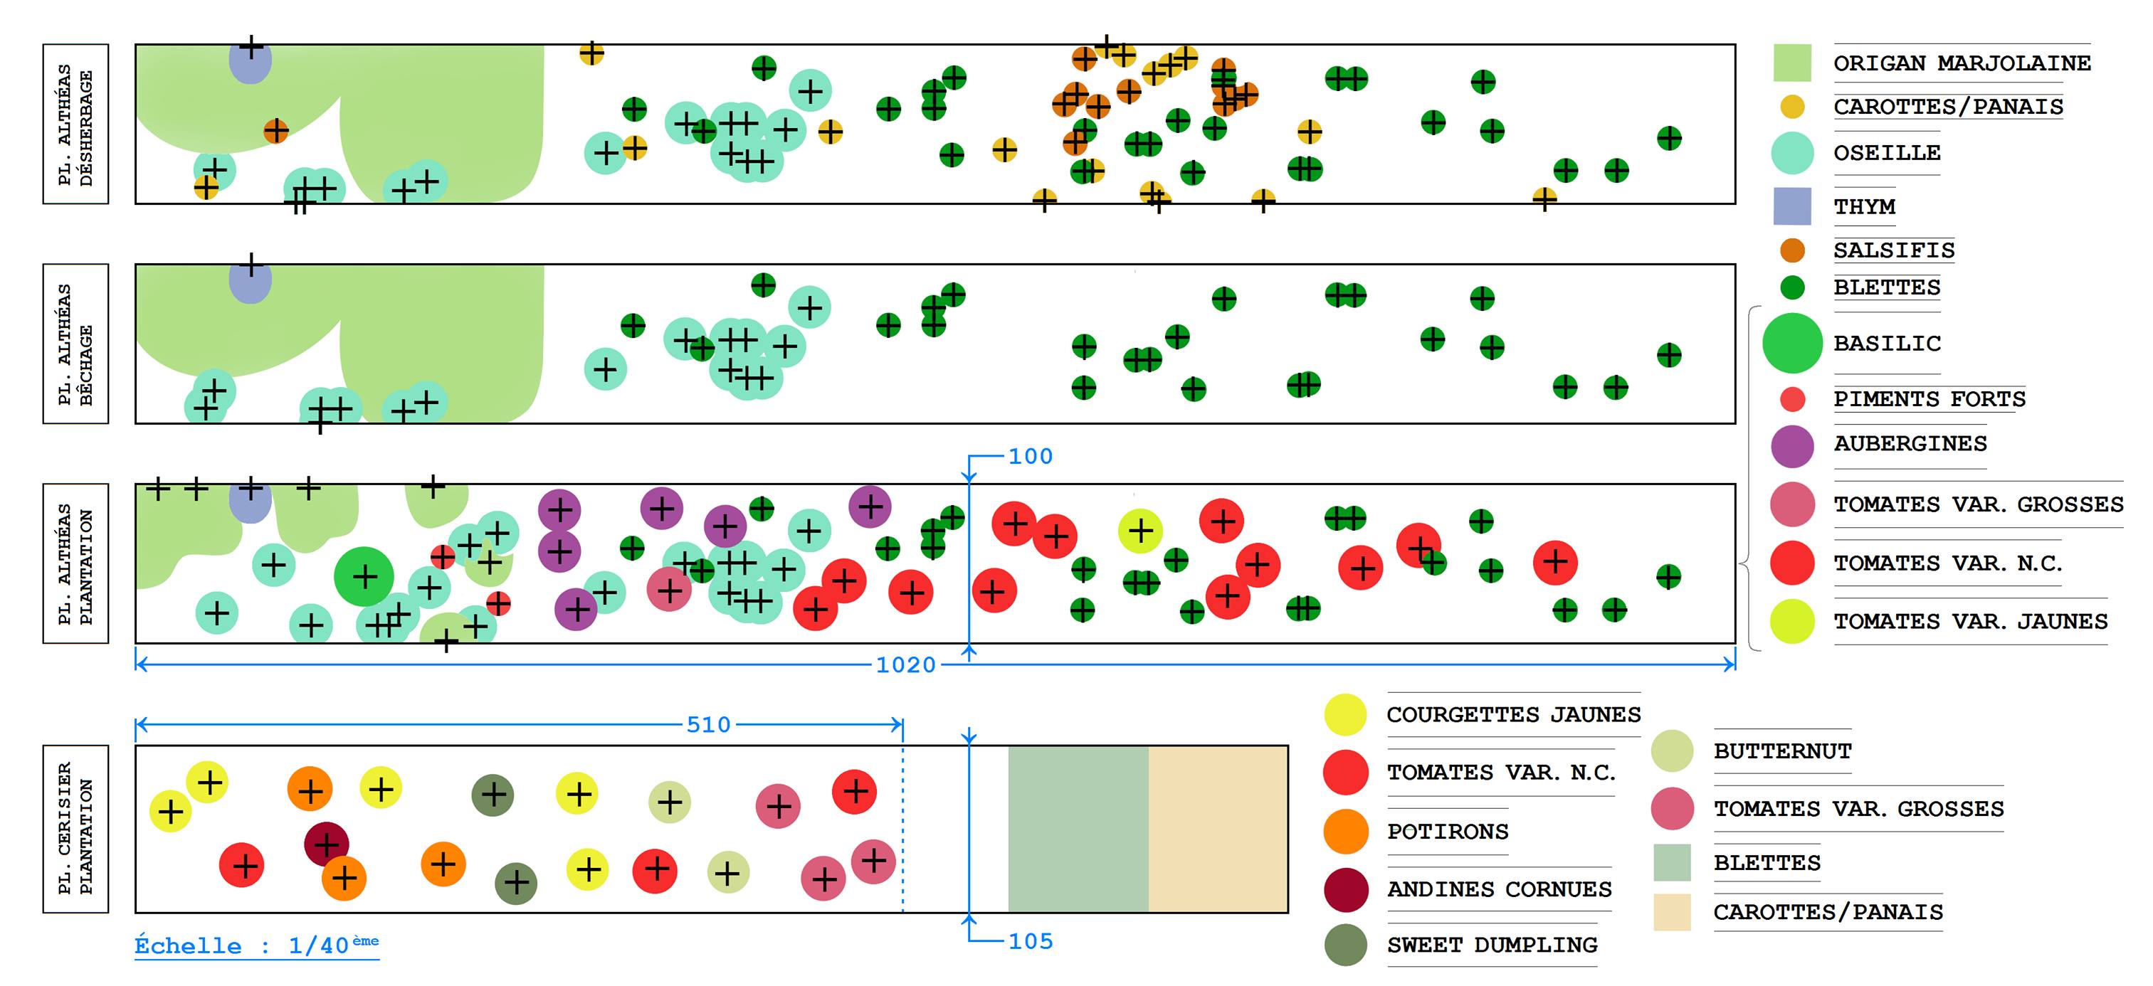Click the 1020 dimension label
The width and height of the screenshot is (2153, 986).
pyautogui.click(x=905, y=665)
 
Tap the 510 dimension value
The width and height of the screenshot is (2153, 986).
pyautogui.click(x=708, y=724)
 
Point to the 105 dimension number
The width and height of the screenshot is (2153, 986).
pyautogui.click(x=1030, y=942)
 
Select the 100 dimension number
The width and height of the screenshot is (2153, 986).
pyautogui.click(x=1030, y=456)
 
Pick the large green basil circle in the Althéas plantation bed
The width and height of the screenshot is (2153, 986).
pyautogui.click(x=364, y=576)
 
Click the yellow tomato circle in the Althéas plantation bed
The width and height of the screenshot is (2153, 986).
pyautogui.click(x=1140, y=531)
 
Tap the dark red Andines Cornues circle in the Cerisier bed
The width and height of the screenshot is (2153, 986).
pyautogui.click(x=326, y=843)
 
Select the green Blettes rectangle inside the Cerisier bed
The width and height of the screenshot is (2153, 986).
pyautogui.click(x=1078, y=828)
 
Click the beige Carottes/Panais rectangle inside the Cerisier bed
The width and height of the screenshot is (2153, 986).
pyautogui.click(x=1218, y=828)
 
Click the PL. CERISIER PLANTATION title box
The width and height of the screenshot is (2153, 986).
pyautogui.click(x=75, y=828)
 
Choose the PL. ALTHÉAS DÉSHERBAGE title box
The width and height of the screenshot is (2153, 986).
pyautogui.click(x=75, y=124)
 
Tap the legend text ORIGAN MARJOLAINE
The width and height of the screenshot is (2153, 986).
pyautogui.click(x=1962, y=63)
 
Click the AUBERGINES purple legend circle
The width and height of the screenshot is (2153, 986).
pyautogui.click(x=1792, y=445)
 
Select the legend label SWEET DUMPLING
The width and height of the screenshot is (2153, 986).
pyautogui.click(x=1492, y=945)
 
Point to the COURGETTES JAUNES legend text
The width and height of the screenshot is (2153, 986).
pyautogui.click(x=1512, y=714)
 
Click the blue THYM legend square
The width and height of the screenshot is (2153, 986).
pyautogui.click(x=1792, y=206)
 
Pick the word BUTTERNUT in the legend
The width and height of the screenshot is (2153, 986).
pyautogui.click(x=1782, y=751)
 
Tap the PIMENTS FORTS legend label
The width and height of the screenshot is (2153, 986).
pyautogui.click(x=1929, y=398)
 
